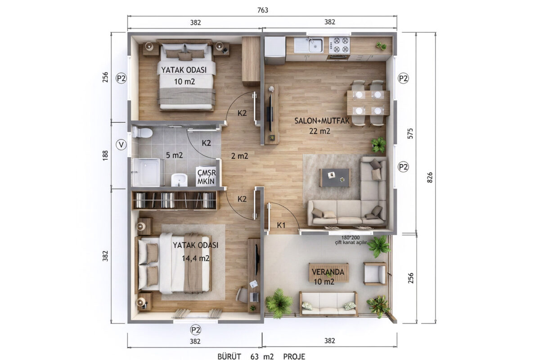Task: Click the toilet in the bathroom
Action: tap(142, 132)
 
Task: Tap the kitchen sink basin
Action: tap(316, 45)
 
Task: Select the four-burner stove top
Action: tap(339, 45)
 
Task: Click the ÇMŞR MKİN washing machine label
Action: tap(207, 177)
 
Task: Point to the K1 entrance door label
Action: tap(281, 225)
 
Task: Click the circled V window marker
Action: tap(121, 145)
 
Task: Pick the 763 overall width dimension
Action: tap(262, 10)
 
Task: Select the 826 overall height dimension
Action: tap(430, 177)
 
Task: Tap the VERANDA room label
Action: tap(328, 272)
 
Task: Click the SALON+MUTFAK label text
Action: tap(322, 121)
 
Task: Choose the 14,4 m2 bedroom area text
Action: tap(195, 258)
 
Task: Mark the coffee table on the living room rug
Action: tap(335, 177)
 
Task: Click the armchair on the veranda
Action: tap(375, 274)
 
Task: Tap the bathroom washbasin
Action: tap(179, 180)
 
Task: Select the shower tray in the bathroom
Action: tap(147, 172)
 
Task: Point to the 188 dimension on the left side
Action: tap(105, 156)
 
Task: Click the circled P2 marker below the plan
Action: tap(195, 329)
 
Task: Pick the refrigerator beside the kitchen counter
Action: tap(275, 50)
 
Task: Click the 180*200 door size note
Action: tap(350, 238)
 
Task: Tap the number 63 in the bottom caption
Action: tap(255, 356)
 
